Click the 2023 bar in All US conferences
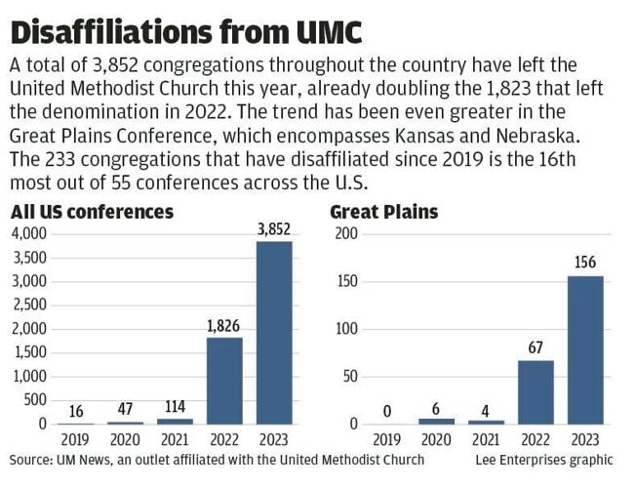(x=273, y=333)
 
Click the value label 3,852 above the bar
(x=274, y=228)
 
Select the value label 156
(x=585, y=263)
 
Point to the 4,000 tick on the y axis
(x=28, y=234)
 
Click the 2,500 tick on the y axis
(x=28, y=305)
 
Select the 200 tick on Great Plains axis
(x=346, y=234)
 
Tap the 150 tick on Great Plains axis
(x=346, y=282)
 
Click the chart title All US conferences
(x=92, y=212)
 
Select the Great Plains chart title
(x=383, y=212)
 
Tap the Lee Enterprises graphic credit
(x=544, y=459)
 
